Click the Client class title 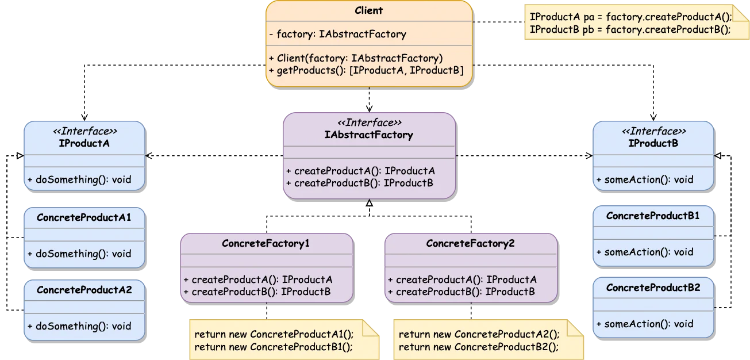tap(368, 10)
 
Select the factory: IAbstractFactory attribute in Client tap(337, 35)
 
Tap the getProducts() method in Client tap(366, 70)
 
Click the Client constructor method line tap(356, 58)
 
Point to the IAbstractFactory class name tap(369, 135)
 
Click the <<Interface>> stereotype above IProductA tap(84, 131)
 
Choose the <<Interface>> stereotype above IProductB tap(653, 131)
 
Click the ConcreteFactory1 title tap(266, 243)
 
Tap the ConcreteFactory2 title tap(470, 243)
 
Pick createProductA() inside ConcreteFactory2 tap(462, 279)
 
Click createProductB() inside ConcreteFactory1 tap(257, 292)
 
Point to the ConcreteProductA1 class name tap(84, 217)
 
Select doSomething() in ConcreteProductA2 tap(79, 326)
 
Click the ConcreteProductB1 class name tap(653, 216)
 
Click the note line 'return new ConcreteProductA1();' tap(274, 334)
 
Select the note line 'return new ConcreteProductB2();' tap(478, 347)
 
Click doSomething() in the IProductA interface tap(79, 179)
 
